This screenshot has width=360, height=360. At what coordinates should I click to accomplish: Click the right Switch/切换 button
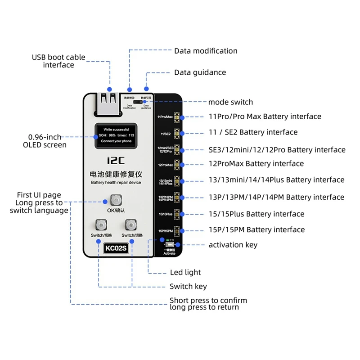[x=131, y=225]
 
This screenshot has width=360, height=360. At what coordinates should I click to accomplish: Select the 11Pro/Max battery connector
[x=177, y=117]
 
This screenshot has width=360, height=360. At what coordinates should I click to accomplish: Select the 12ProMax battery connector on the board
[x=177, y=165]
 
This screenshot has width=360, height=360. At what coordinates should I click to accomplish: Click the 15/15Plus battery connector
[x=177, y=214]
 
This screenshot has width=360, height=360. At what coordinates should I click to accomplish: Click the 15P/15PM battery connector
[x=177, y=230]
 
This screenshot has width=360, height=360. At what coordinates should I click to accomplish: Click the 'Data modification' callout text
[x=206, y=51]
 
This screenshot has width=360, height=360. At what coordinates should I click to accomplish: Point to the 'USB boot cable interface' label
[x=58, y=61]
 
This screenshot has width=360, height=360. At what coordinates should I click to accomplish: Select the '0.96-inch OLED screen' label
[x=45, y=141]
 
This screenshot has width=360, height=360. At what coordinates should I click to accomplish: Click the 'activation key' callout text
[x=233, y=245]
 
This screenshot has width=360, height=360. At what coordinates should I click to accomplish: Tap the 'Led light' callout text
[x=185, y=272]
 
